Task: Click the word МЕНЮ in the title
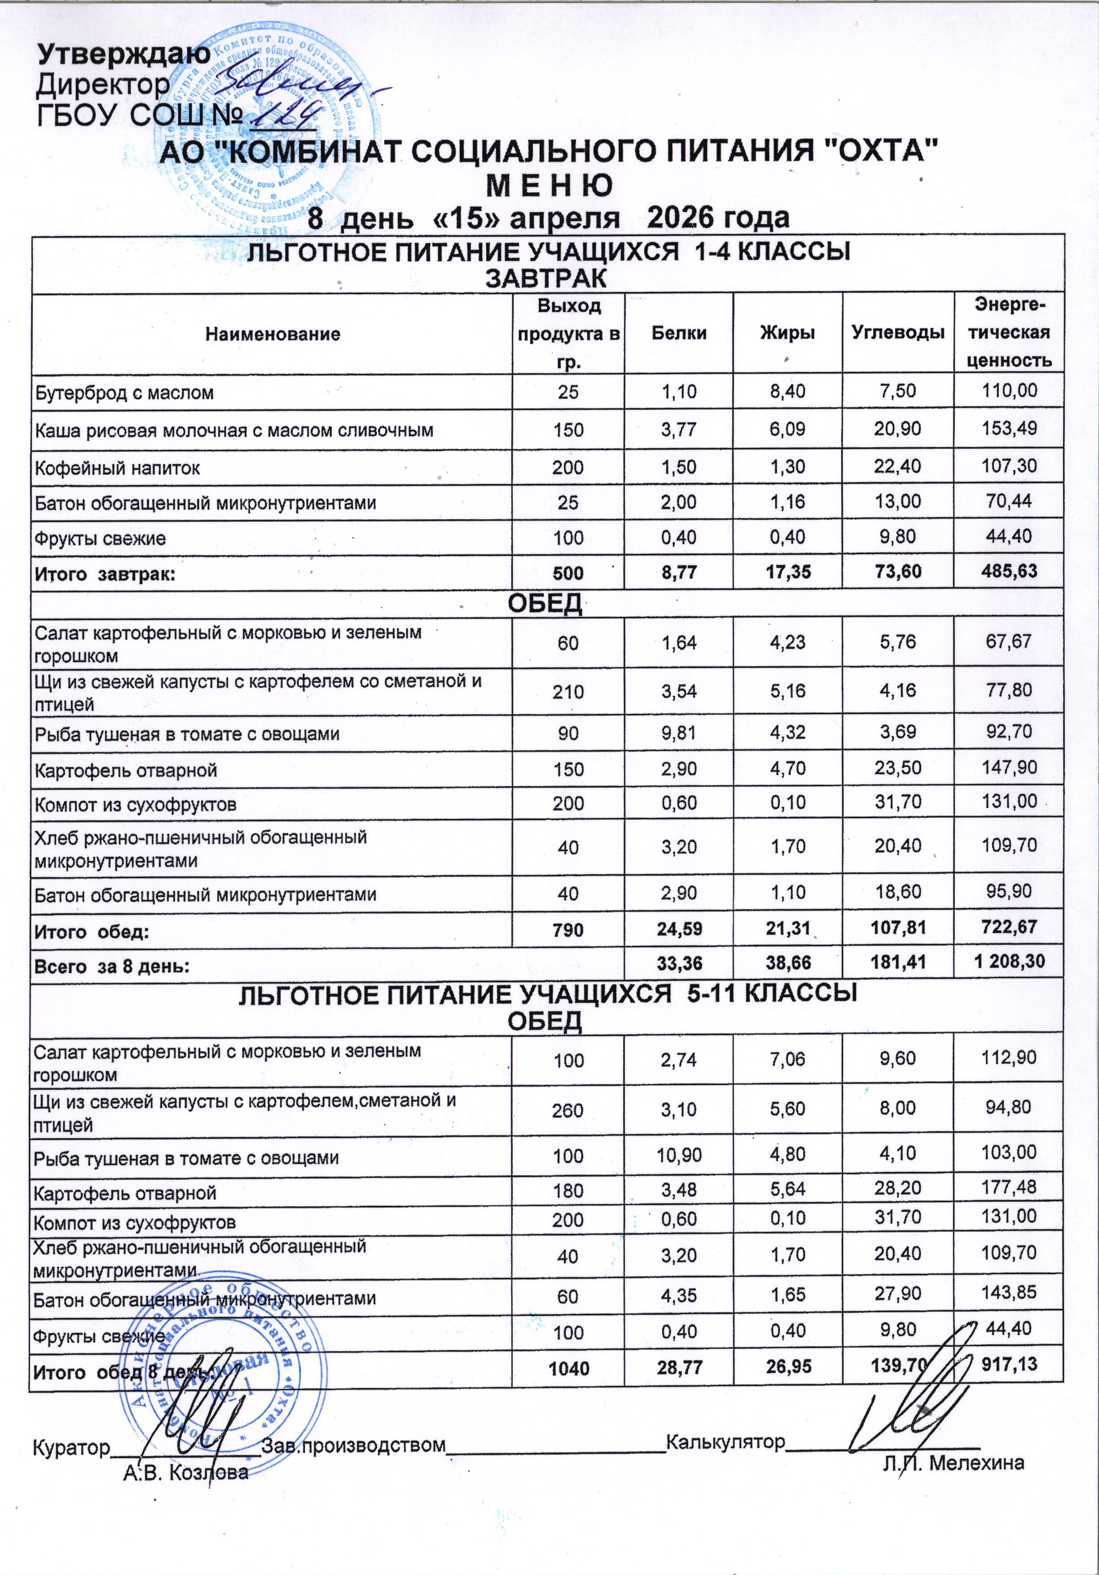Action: click(549, 186)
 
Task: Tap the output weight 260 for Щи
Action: click(568, 1110)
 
